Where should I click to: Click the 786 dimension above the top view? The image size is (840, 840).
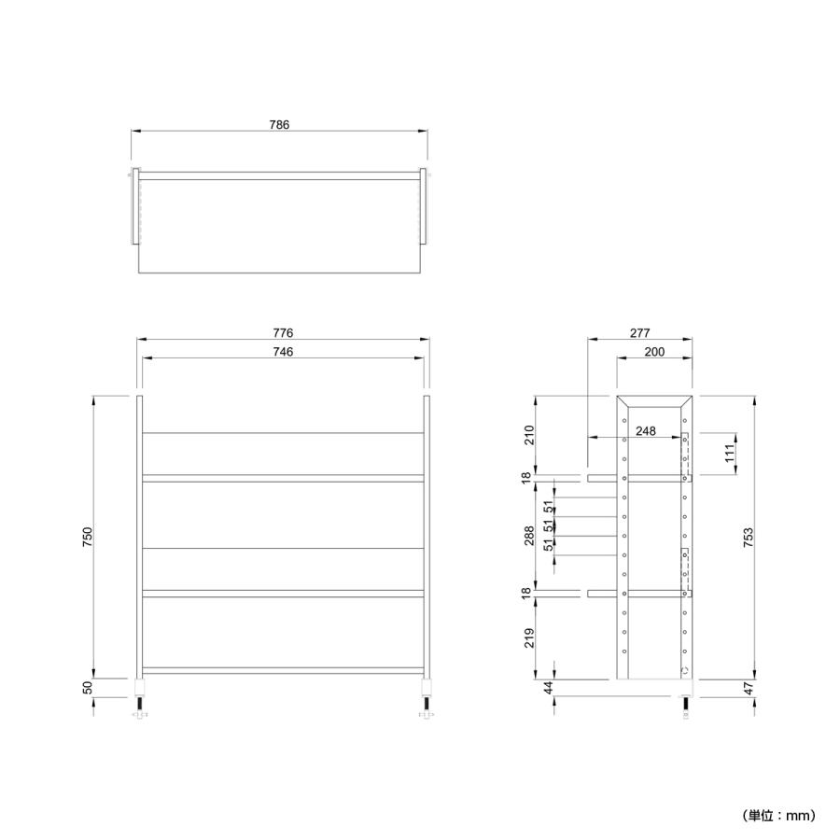pos(279,125)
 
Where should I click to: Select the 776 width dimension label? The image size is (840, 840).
pos(283,333)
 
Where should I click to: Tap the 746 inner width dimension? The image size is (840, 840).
pos(283,352)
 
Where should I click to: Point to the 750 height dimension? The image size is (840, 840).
pos(88,537)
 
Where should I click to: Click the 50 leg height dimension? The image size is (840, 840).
pos(88,687)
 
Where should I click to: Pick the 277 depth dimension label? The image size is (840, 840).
pos(639,333)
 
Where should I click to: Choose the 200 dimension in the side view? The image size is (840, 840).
pos(654,352)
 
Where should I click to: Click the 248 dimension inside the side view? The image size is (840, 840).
pos(646,431)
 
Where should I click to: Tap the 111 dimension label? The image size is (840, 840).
pos(729,454)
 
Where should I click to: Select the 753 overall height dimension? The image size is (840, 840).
pos(749,538)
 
